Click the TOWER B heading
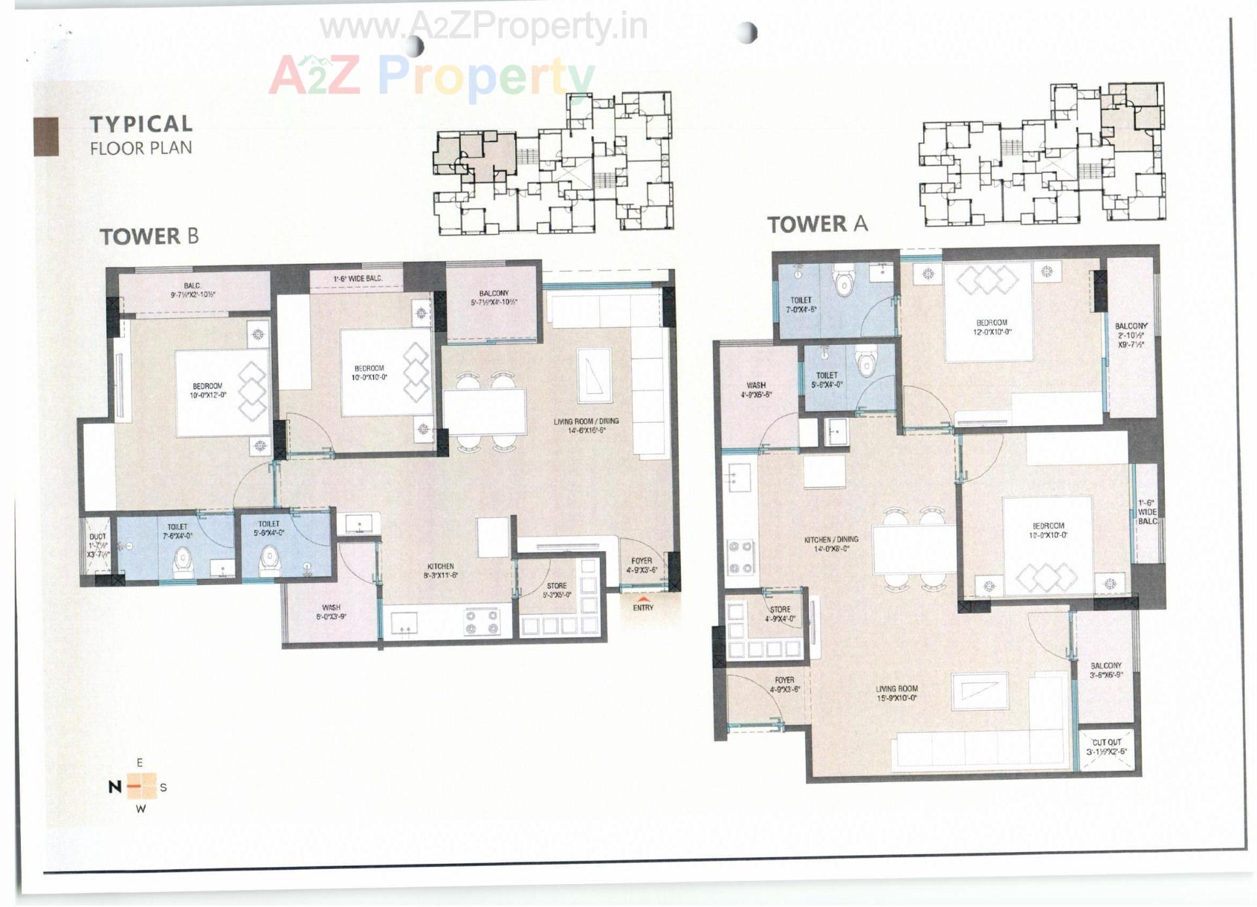click(x=149, y=236)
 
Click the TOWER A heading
click(x=817, y=224)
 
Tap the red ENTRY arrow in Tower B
click(x=644, y=599)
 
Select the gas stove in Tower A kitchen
click(x=740, y=557)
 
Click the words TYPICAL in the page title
click(x=141, y=124)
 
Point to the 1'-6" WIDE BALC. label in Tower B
click(x=357, y=279)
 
